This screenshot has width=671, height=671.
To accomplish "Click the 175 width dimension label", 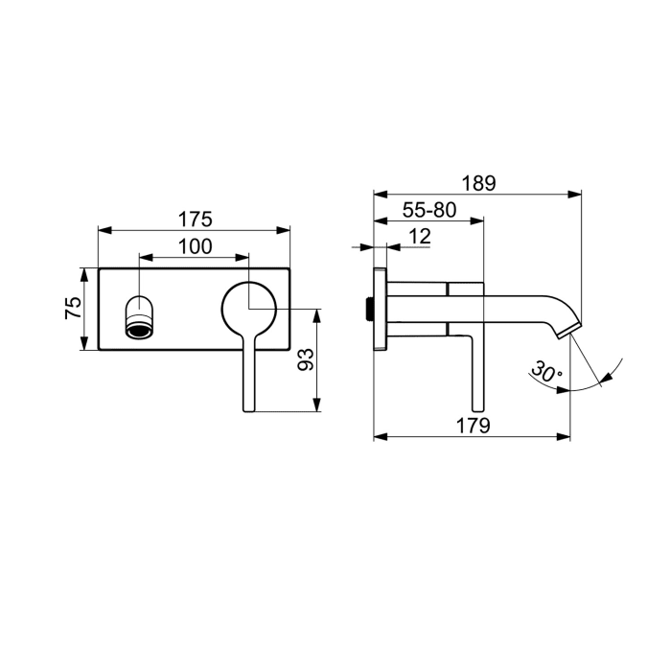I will point(195,220).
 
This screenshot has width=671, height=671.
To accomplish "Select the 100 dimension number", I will point(195,246).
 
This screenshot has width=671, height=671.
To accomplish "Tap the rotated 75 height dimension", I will point(71,309).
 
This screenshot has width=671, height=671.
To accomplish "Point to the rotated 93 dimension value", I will point(306,359).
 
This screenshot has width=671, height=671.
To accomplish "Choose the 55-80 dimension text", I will point(429,210).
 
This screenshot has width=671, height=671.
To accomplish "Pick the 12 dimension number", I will point(418,236).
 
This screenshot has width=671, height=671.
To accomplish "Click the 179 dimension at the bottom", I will point(473,426).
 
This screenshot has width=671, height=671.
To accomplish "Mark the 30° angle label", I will point(547,373).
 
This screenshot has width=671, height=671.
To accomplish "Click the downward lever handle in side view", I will point(476,369).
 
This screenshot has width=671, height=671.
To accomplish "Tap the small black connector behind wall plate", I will point(370,309).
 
